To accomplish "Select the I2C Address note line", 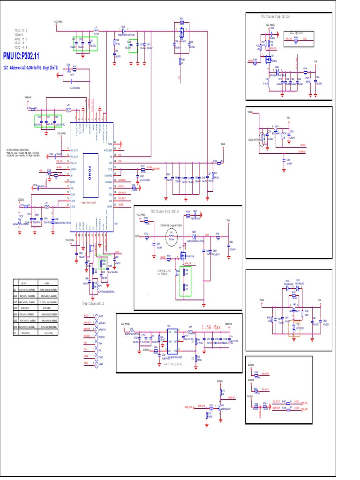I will [31, 67].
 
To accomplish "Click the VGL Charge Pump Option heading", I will [275, 16].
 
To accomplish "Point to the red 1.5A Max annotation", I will [210, 327].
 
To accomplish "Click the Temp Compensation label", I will [93, 303].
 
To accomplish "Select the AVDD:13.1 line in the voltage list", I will [21, 39].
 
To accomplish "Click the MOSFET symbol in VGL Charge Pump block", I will [269, 58].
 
